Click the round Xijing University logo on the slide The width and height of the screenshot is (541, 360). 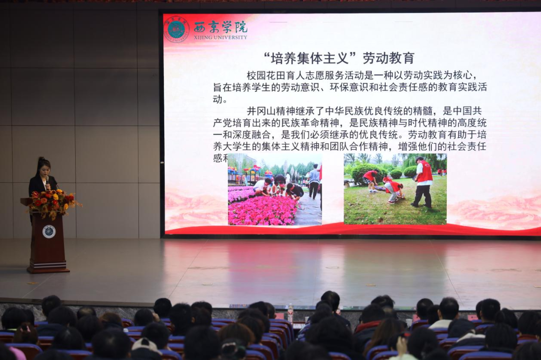point(176,29)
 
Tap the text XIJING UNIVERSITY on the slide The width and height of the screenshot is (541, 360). point(220,37)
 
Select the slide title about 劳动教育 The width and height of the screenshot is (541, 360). point(339,58)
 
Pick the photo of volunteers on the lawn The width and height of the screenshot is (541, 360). point(395,189)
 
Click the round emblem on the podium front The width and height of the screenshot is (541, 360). point(49,231)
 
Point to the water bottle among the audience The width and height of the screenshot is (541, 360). point(290,312)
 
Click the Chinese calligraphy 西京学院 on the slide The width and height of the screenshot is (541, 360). point(220,27)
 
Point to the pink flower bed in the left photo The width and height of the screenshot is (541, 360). point(263,210)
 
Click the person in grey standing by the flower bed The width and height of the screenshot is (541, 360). point(314,181)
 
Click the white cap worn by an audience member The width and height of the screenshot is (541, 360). point(146,344)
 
